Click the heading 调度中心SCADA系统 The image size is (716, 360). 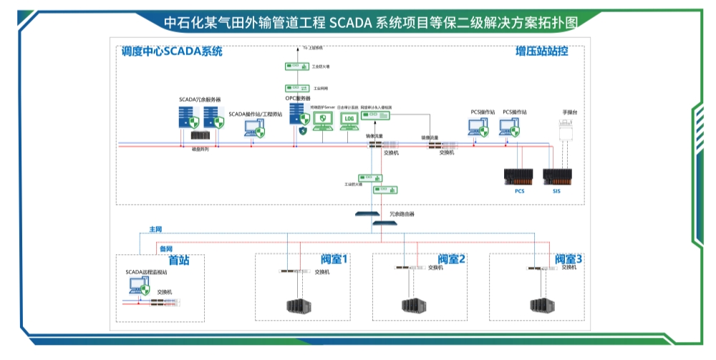coord(172,52)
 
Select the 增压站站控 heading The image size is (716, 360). coord(542,52)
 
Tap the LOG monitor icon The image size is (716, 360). coord(349,120)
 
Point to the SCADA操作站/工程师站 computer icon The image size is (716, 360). coord(255,128)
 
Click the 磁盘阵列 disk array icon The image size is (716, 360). coord(199,135)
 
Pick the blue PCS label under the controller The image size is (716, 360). coord(520,192)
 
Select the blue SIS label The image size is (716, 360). coord(556,192)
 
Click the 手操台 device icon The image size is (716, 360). coord(569,131)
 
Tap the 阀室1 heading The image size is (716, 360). coord(334,259)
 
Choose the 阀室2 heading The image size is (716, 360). coord(452,259)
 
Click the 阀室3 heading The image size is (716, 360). coord(569,259)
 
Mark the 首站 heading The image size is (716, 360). coord(178,261)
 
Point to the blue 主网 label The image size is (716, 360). coord(155,229)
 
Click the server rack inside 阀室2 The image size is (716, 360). coord(414,306)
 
